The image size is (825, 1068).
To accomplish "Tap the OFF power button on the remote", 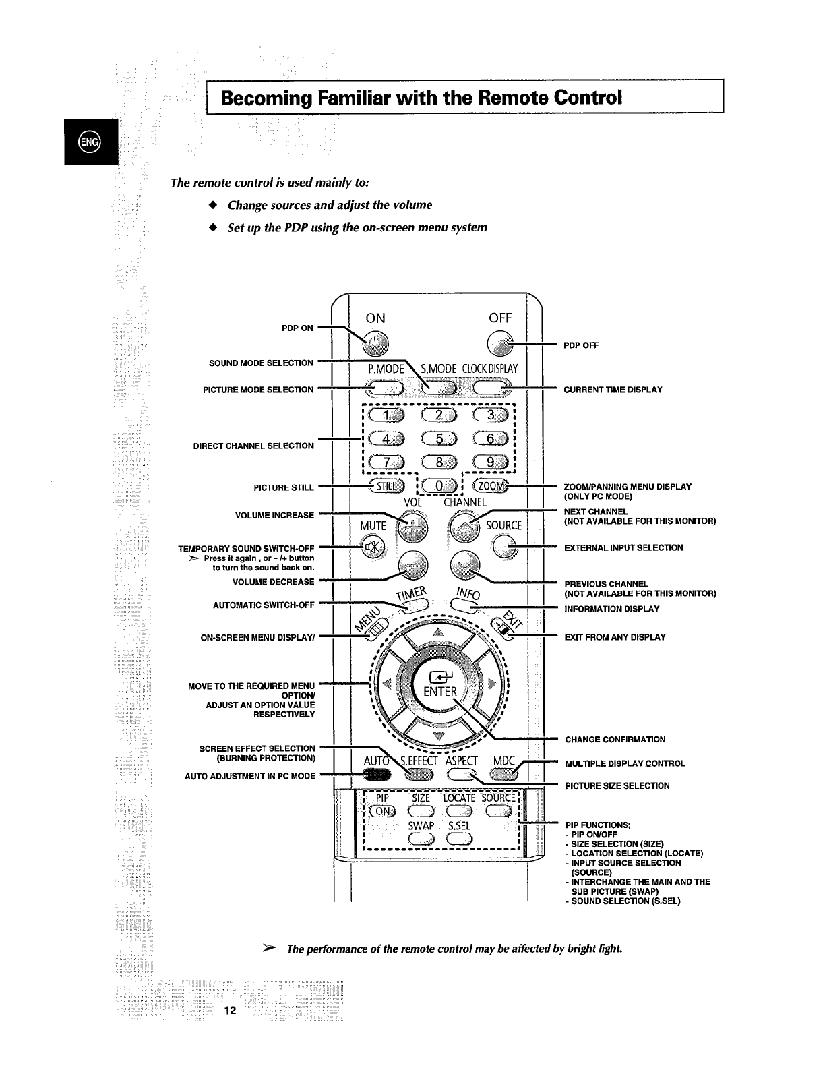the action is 499,345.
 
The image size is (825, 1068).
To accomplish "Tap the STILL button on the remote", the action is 386,487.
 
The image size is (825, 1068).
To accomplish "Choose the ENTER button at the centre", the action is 439,686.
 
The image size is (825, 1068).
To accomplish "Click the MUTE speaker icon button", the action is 372,547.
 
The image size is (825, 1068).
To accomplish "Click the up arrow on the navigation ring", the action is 439,632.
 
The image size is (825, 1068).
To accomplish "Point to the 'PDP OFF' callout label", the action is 581,345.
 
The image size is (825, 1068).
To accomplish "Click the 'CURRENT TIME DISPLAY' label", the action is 613,390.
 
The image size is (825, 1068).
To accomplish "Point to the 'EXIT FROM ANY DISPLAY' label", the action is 615,637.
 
